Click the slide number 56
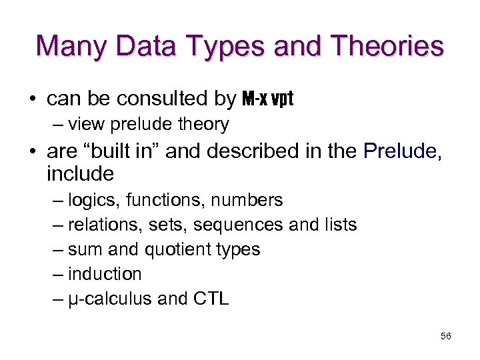click(446, 336)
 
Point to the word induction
click(105, 274)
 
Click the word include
click(80, 175)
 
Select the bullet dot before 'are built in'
click(32, 152)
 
